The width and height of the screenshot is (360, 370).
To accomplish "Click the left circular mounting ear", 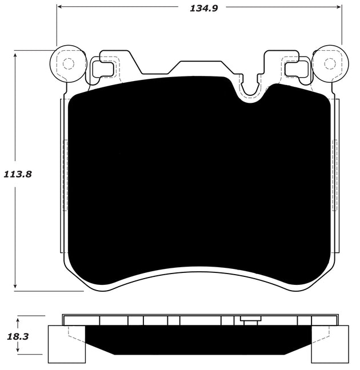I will pyautogui.click(x=67, y=62).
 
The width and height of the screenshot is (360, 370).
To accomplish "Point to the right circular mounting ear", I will pyautogui.click(x=328, y=62).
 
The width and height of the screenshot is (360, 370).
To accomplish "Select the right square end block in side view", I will pyautogui.click(x=330, y=344).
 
